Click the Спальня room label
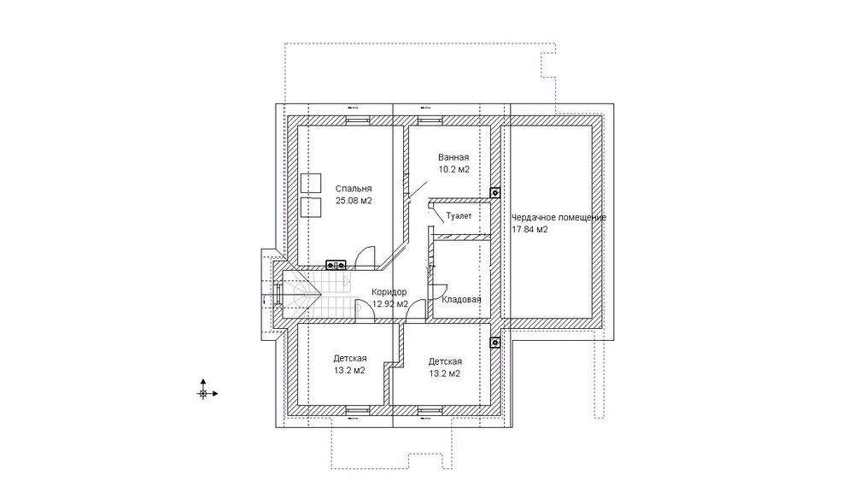coord(354,189)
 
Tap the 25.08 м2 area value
coord(354,201)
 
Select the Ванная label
coord(453,157)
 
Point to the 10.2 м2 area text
coord(453,169)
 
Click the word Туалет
coord(459,215)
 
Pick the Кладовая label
coord(461,300)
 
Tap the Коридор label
coord(389,292)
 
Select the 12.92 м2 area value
coord(390,304)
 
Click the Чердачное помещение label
coord(559,217)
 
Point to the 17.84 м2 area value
coord(529,229)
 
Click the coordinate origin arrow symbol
coord(205,392)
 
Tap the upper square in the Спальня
coord(311,184)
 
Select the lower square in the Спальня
coord(311,207)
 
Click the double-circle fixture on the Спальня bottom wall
coord(336,266)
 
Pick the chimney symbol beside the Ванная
coord(494,192)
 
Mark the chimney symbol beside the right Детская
coord(494,343)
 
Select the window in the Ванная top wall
coord(430,120)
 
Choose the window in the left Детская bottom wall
coord(358,409)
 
